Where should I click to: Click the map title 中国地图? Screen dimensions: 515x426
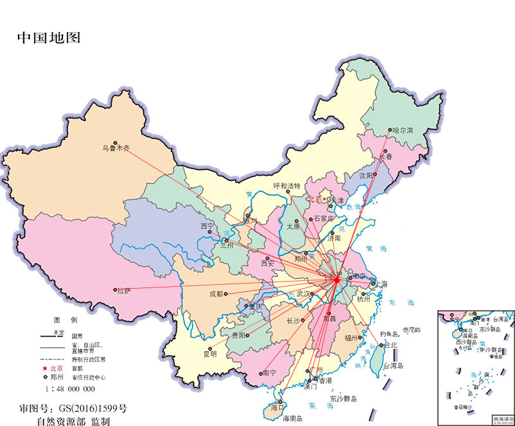click(x=49, y=37)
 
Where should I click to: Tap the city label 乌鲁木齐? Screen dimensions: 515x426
click(x=116, y=148)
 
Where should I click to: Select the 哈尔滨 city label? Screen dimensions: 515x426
click(x=402, y=130)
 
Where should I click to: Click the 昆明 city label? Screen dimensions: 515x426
click(x=210, y=354)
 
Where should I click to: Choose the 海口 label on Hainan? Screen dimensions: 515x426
click(x=277, y=407)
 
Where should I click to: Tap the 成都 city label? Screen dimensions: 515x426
click(x=216, y=294)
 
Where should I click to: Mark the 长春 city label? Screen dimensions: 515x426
click(x=385, y=157)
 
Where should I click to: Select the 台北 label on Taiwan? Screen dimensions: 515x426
click(x=390, y=345)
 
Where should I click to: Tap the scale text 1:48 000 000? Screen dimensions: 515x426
click(x=70, y=389)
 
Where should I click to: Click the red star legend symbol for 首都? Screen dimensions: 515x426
click(x=45, y=368)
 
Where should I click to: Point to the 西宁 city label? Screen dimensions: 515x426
click(x=207, y=226)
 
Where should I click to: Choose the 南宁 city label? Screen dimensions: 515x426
click(x=270, y=373)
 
